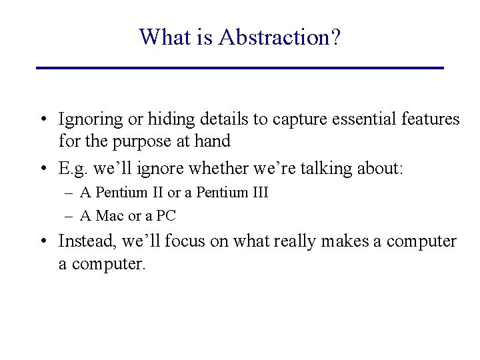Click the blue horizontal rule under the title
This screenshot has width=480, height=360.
(x=239, y=68)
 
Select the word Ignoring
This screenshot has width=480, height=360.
(x=91, y=120)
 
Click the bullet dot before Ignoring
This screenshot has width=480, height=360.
(x=42, y=120)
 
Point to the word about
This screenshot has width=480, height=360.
(x=379, y=169)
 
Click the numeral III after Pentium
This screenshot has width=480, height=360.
(x=257, y=193)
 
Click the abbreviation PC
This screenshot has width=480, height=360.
(x=166, y=216)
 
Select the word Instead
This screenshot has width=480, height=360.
(x=84, y=241)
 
